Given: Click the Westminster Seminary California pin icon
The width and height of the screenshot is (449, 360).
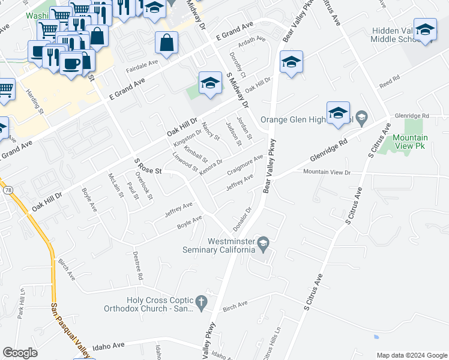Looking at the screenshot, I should pos(264,243).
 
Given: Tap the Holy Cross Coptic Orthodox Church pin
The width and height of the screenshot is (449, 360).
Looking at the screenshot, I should pos(202,305).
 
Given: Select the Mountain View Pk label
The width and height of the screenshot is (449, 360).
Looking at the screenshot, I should pos(410,142).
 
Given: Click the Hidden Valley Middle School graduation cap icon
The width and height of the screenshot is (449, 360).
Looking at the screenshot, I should pos(425,30).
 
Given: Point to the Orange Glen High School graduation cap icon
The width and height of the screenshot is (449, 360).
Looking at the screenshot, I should pos(338,112).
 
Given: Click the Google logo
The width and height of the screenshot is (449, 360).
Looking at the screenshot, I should pos(20,353).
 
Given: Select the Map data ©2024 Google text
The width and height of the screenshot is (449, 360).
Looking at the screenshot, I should pos(411,355).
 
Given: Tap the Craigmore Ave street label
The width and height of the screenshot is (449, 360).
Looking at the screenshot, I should pos(246,165).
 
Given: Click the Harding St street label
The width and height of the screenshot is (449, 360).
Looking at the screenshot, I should pos(35,101).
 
